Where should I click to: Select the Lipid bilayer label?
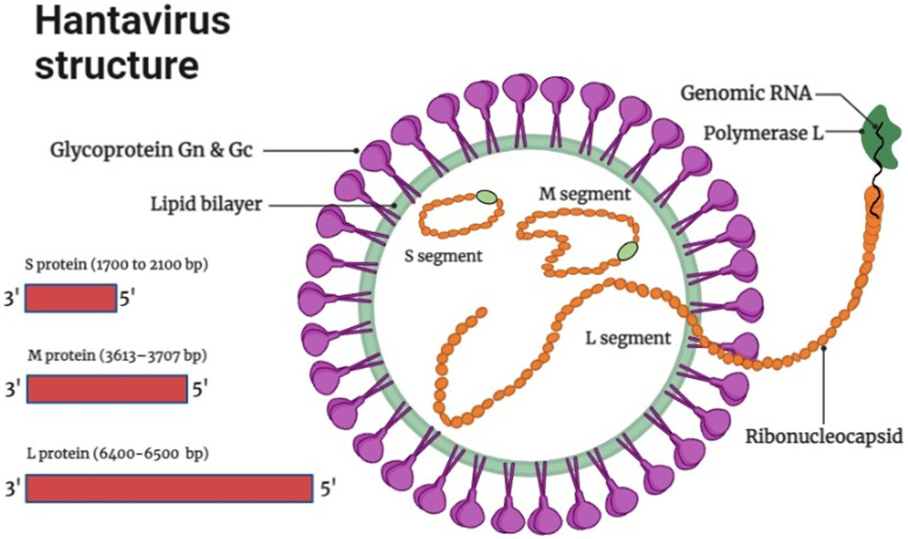point(205,204)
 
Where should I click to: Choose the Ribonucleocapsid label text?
point(825,436)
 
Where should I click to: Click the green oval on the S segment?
point(487,198)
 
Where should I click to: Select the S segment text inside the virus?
point(443,255)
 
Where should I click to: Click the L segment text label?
point(629,337)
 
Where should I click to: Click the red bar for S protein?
point(70,299)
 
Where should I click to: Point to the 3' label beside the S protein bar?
point(14,299)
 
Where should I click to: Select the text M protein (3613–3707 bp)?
point(117,355)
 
